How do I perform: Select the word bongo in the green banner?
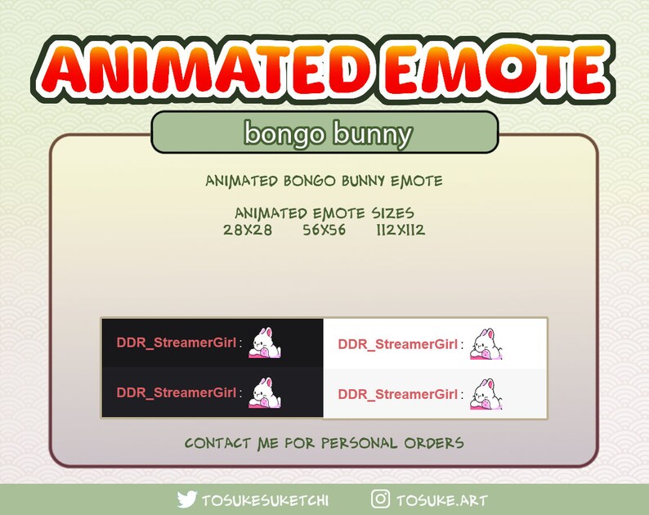click(x=283, y=132)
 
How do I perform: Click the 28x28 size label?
click(x=247, y=230)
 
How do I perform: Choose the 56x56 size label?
click(x=324, y=230)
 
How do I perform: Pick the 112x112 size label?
click(x=401, y=230)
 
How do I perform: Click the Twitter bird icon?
click(x=187, y=499)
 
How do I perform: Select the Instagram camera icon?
click(x=380, y=499)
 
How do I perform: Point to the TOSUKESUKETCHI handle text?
click(x=265, y=499)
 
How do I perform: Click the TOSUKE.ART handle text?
click(x=441, y=499)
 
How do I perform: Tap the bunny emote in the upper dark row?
click(x=265, y=343)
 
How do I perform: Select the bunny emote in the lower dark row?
click(x=265, y=392)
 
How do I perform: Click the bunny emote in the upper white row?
click(x=486, y=344)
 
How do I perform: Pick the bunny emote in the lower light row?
click(x=486, y=393)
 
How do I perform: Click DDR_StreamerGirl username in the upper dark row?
click(x=177, y=343)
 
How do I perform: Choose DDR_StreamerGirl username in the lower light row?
click(x=398, y=394)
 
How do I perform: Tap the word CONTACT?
click(x=217, y=443)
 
